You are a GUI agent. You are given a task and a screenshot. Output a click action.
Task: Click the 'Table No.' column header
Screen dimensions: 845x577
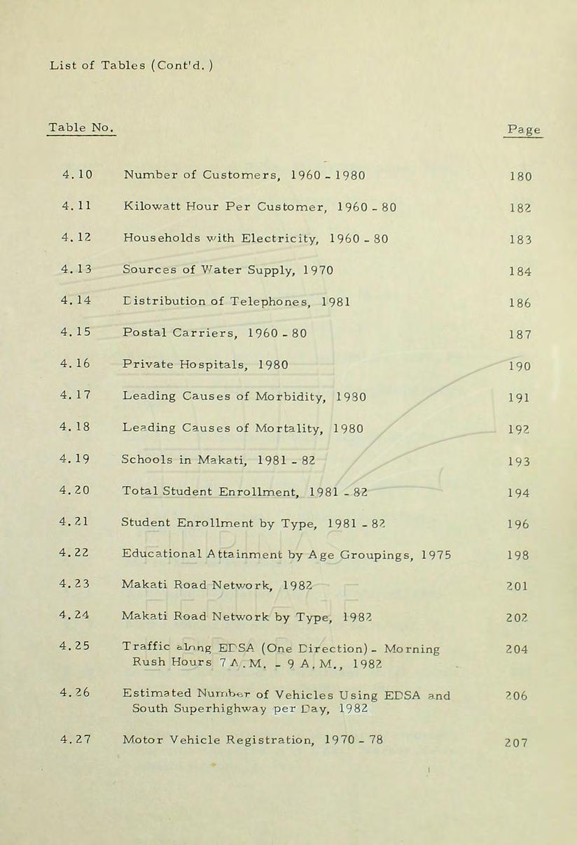pos(80,128)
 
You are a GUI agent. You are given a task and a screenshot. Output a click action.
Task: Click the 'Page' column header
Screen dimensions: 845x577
pos(523,130)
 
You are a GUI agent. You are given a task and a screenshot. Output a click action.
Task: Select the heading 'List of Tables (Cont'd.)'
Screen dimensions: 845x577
pos(131,66)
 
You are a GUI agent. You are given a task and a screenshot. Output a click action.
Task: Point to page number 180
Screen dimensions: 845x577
pos(520,176)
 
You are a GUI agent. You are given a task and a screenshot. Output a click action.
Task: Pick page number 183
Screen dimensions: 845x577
pos(520,240)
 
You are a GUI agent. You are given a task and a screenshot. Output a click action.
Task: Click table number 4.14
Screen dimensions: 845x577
pos(77,301)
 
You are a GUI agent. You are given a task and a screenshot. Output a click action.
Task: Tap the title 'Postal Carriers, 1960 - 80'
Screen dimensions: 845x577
pos(214,333)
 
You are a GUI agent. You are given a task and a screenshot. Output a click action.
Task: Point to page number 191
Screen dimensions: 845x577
pos(520,399)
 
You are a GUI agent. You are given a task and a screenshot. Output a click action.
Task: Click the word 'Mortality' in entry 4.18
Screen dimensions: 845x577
pos(291,429)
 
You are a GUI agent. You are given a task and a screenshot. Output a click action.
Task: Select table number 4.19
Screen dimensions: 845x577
pos(77,460)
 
